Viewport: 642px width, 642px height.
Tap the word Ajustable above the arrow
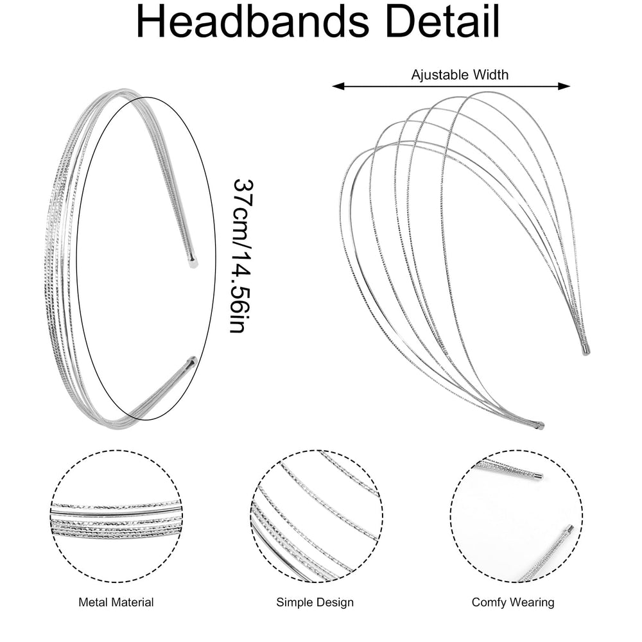(440, 75)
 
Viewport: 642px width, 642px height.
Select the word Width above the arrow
(490, 74)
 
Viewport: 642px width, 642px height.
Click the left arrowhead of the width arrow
(338, 86)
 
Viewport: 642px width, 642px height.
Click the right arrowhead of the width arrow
(564, 86)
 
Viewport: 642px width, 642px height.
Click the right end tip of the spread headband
(586, 350)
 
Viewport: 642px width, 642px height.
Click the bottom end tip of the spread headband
(540, 426)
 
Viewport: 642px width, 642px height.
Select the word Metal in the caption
(93, 602)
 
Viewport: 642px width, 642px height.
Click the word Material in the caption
(132, 602)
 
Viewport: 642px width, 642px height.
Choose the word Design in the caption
(333, 603)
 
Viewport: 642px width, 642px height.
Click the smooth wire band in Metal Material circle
(116, 512)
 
